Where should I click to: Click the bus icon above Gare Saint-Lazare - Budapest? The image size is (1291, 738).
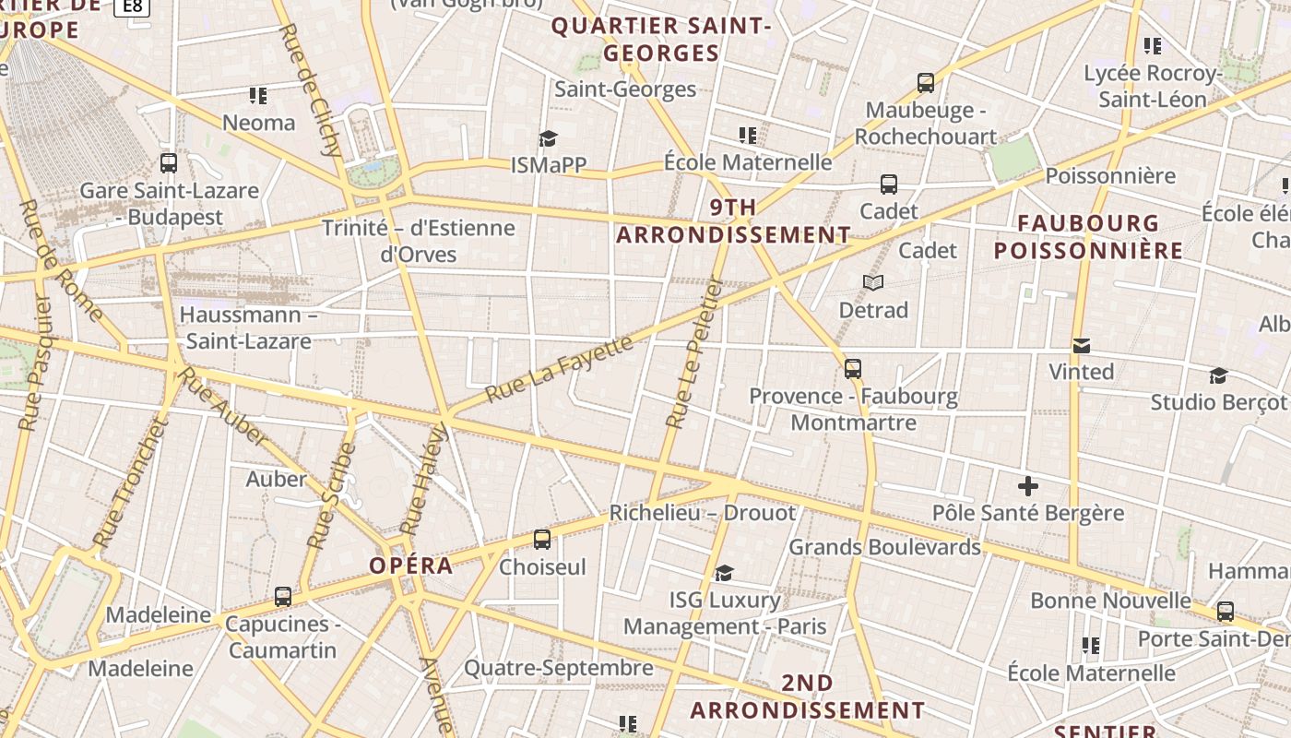coord(168,163)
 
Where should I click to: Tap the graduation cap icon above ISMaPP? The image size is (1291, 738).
coord(549,138)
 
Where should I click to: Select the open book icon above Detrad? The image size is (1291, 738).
coord(872,282)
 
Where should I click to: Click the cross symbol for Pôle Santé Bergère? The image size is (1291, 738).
coord(1028,486)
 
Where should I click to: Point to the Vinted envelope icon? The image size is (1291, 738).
coord(1082,346)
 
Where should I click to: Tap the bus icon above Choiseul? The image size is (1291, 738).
coord(542,540)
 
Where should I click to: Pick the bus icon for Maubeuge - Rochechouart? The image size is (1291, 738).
coord(926,83)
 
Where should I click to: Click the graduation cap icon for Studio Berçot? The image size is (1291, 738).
coord(1218,375)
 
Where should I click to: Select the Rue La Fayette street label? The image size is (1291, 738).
coord(560,368)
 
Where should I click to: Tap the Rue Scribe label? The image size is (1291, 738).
coord(330,496)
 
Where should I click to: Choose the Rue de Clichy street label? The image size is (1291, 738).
coord(310,90)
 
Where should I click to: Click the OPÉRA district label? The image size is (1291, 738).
coord(411,565)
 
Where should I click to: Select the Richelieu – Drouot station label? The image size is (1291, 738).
coord(702,513)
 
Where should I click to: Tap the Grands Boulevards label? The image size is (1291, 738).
coord(884,547)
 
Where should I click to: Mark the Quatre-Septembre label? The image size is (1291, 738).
coord(558,668)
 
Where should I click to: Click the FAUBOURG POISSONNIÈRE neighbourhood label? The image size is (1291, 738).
coord(1088,237)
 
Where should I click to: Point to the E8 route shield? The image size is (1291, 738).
coord(133,6)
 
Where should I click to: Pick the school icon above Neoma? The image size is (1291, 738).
coord(258,95)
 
